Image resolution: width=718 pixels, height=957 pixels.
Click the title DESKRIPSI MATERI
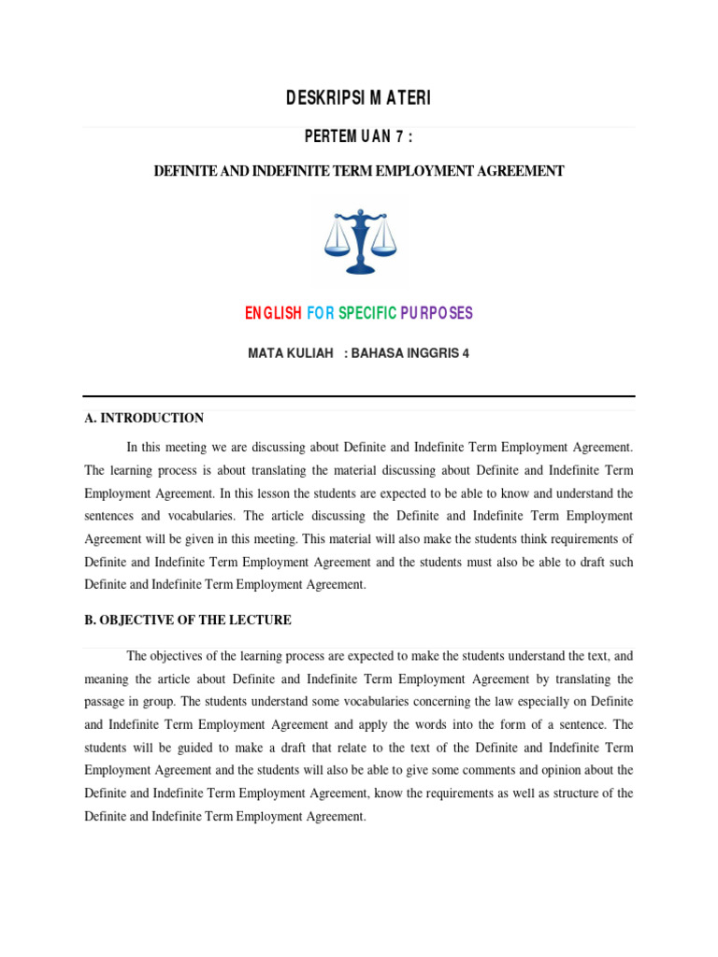click(358, 98)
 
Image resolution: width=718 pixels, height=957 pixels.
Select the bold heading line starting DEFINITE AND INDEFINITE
click(358, 171)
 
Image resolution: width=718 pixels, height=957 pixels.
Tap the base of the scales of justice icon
click(360, 269)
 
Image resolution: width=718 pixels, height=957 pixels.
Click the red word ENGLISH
click(273, 313)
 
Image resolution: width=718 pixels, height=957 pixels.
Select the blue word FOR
click(320, 313)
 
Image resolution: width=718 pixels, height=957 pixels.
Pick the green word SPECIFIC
click(367, 313)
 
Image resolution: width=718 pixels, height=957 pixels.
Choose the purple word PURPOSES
click(437, 313)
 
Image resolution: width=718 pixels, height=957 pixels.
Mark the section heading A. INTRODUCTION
click(144, 418)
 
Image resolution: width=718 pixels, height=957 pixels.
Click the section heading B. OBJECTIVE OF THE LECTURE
click(188, 620)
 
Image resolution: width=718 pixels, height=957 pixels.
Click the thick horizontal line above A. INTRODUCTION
click(358, 396)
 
